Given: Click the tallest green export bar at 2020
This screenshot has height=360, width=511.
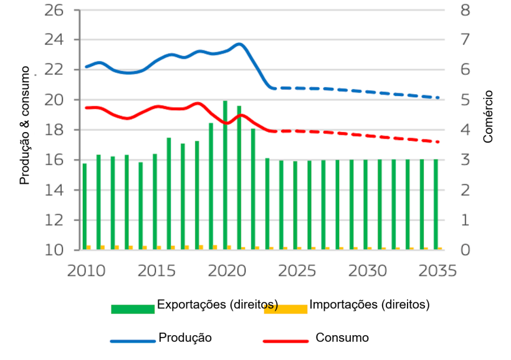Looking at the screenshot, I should click(225, 175).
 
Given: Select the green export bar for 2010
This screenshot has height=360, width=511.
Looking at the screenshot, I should click(85, 206).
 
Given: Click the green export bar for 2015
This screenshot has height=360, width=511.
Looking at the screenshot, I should click(155, 201).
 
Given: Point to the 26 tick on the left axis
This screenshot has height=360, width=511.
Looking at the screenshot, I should click(54, 10).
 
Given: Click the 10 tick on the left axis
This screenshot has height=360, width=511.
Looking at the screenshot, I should click(54, 250).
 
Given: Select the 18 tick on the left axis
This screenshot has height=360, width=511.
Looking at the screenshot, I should click(54, 130).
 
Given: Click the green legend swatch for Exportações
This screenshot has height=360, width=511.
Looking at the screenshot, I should click(133, 309).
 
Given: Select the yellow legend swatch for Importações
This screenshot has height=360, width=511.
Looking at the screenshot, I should click(285, 309).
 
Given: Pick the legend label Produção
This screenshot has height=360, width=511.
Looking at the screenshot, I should click(185, 338).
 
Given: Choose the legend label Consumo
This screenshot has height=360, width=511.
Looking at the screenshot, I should click(342, 338).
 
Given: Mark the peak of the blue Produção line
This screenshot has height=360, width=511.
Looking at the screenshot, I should click(239, 44).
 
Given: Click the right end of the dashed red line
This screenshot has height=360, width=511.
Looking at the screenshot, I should click(439, 142).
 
